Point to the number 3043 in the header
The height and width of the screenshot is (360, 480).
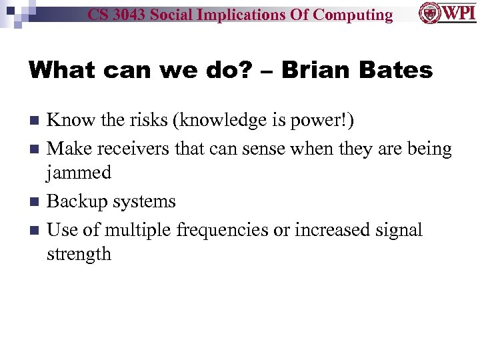[130, 15]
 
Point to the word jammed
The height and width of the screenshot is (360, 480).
[79, 173]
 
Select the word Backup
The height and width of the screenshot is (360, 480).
[77, 201]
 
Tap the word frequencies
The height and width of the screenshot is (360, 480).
[223, 230]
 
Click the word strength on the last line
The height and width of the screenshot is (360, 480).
[79, 254]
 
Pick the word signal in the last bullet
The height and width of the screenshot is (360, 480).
[398, 230]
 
